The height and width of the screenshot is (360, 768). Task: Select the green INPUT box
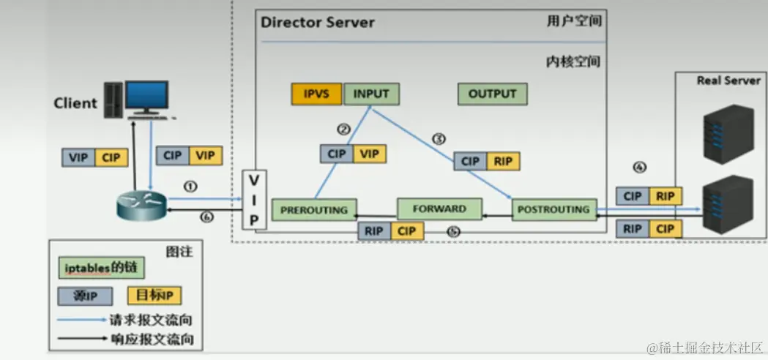pos(372,94)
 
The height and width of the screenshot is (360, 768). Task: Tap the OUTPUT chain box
pos(492,94)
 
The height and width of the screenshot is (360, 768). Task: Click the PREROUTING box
pos(314,209)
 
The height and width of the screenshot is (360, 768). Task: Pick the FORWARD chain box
pos(439,209)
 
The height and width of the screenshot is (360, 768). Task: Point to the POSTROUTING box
pos(553,209)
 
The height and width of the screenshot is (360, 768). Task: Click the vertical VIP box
pos(254,200)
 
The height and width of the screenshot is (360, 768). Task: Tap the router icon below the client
pos(141,206)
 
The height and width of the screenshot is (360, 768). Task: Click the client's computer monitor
pos(146,96)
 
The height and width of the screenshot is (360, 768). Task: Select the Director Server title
pos(318,23)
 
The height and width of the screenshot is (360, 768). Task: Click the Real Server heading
pos(728,81)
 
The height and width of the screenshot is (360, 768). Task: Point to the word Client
pos(75,103)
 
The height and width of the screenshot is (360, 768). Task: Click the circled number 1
pos(190,187)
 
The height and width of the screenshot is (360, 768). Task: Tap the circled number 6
pos(206,217)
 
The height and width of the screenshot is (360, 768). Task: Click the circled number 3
pos(439,138)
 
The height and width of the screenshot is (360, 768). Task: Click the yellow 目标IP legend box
pos(154,296)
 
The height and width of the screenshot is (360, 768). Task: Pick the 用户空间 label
pos(574,21)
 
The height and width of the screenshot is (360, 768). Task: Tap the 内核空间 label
pos(573,61)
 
